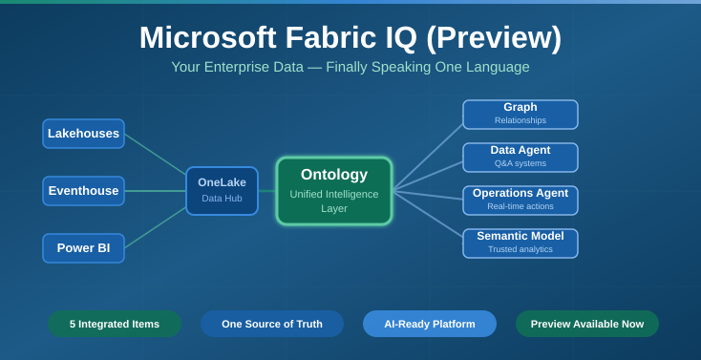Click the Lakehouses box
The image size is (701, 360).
(83, 134)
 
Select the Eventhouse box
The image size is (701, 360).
(83, 191)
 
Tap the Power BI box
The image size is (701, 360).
(83, 248)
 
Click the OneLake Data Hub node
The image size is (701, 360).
(222, 191)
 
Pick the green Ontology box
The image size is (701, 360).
(334, 191)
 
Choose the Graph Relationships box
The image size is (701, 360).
(520, 115)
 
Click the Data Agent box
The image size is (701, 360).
(520, 158)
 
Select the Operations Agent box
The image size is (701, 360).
(520, 201)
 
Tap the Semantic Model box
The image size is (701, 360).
(520, 244)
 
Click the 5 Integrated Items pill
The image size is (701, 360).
(115, 324)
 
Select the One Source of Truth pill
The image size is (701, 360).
(272, 324)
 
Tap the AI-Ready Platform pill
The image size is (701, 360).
(430, 324)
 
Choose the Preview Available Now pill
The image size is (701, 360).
(587, 324)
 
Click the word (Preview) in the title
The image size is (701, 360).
(494, 38)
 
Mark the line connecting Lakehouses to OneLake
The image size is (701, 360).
(155, 154)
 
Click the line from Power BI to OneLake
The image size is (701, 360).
(155, 228)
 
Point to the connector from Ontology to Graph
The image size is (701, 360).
(428, 157)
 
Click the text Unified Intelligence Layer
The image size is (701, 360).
(334, 201)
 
